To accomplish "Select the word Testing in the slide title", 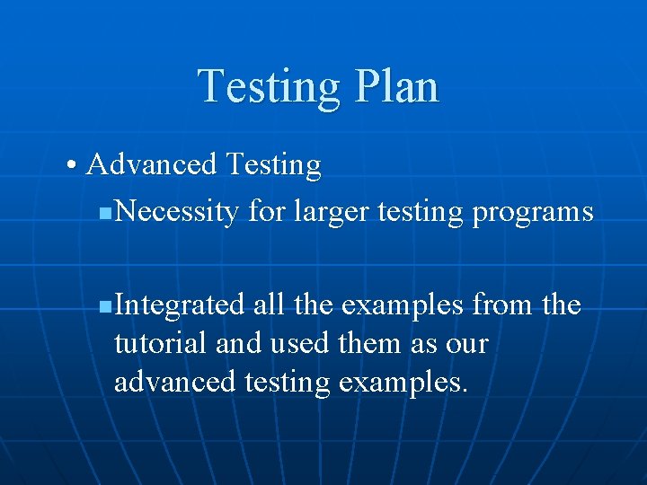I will [x=270, y=88].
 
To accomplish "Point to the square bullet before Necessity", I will [x=105, y=214].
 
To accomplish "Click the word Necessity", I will [x=177, y=212].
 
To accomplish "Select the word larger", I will [x=327, y=212].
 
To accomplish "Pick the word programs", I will [x=532, y=213].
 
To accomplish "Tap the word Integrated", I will [x=180, y=305].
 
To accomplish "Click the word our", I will [x=465, y=345].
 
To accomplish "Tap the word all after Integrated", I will [x=269, y=305].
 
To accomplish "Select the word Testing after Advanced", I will [x=273, y=165].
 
